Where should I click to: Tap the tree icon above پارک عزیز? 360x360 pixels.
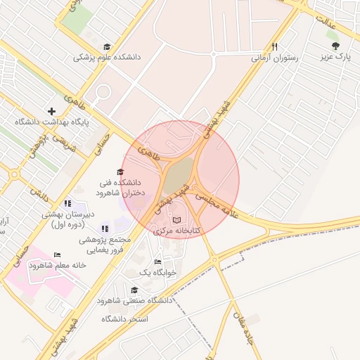(335, 44)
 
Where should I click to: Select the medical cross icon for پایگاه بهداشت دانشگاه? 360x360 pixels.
(51, 110)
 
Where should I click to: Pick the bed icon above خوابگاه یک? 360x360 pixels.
(158, 262)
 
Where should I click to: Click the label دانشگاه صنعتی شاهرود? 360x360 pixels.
(135, 301)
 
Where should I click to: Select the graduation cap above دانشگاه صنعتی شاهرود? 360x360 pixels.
(134, 290)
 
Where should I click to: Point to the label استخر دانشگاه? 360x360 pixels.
(125, 319)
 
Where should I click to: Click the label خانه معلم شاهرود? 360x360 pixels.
(57, 265)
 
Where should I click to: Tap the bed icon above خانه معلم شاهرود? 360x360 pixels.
(57, 255)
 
